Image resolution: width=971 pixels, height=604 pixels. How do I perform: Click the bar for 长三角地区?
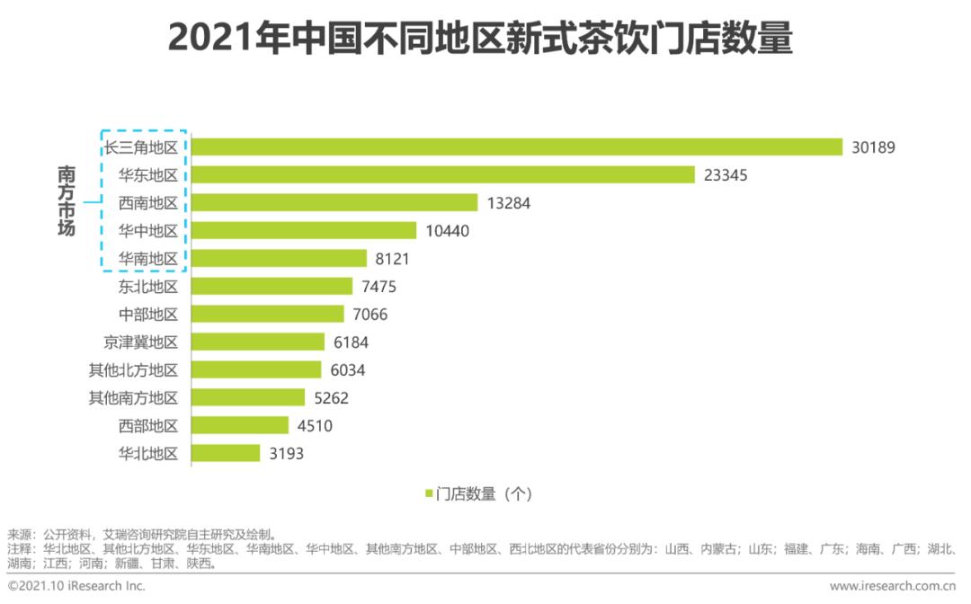coord(517,147)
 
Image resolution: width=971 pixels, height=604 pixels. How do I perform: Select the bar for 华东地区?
coord(443,175)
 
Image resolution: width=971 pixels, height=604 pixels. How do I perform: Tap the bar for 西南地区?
coord(334,203)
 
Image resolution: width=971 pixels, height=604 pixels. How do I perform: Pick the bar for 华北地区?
coord(226,454)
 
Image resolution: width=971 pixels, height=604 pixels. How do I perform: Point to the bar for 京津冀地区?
coord(258,342)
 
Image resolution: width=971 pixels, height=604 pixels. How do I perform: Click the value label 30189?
coord(874,147)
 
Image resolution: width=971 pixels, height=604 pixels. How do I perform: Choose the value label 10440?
coord(448,231)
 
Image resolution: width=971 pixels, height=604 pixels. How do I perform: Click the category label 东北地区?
coord(148,287)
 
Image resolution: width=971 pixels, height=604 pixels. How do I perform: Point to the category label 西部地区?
coord(148,426)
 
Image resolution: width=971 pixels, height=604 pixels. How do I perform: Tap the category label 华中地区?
coord(148,231)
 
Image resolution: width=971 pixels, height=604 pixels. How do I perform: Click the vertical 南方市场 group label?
coord(66,201)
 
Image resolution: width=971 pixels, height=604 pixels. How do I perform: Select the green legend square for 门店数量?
coord(429,493)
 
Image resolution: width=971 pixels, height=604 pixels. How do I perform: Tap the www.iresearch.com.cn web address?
coord(893,587)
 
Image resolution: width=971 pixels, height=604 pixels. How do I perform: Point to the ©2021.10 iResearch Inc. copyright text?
coord(76,587)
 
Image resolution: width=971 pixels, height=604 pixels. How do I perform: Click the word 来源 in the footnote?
coord(19,534)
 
